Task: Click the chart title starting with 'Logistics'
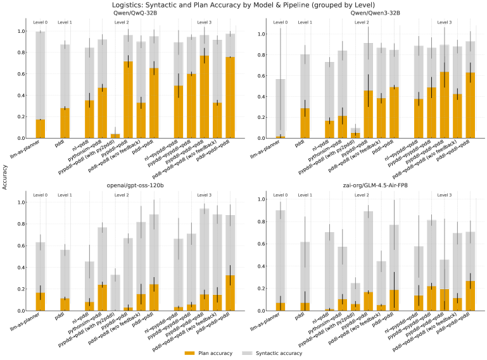click(x=243, y=5)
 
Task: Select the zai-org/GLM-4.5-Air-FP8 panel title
click(x=374, y=185)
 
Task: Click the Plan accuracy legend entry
click(x=212, y=352)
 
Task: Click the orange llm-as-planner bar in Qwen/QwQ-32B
click(x=41, y=128)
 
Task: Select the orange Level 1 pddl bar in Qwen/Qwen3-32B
click(x=305, y=123)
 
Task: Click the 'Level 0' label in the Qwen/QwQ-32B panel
click(x=41, y=22)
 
